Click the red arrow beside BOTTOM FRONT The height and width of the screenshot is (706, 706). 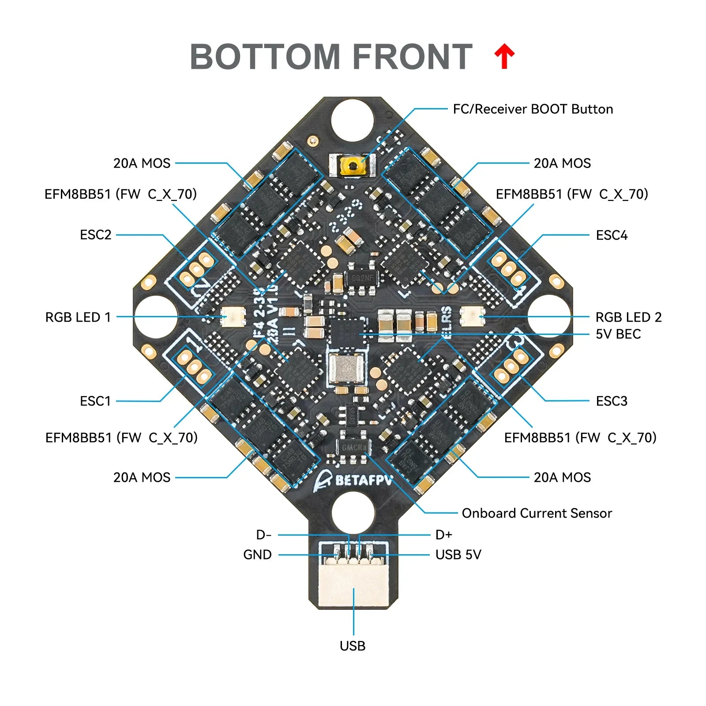point(504,56)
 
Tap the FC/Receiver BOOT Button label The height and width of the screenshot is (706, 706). point(533,109)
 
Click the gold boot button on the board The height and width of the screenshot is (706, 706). point(353,166)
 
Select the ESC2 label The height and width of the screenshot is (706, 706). point(95,235)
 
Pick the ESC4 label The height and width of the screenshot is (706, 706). point(611,235)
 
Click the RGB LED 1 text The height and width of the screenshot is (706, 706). point(78,317)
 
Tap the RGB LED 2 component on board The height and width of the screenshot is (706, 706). point(472,316)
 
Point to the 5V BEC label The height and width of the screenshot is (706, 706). point(618,334)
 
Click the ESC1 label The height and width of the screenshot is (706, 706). point(95,401)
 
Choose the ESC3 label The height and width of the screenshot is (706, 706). point(611,401)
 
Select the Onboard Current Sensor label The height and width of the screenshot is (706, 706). point(537,513)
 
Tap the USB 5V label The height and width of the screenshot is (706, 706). point(458,555)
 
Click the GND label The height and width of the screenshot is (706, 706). point(257,555)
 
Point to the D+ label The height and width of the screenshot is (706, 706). point(443,535)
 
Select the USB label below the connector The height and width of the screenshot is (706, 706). point(353,646)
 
